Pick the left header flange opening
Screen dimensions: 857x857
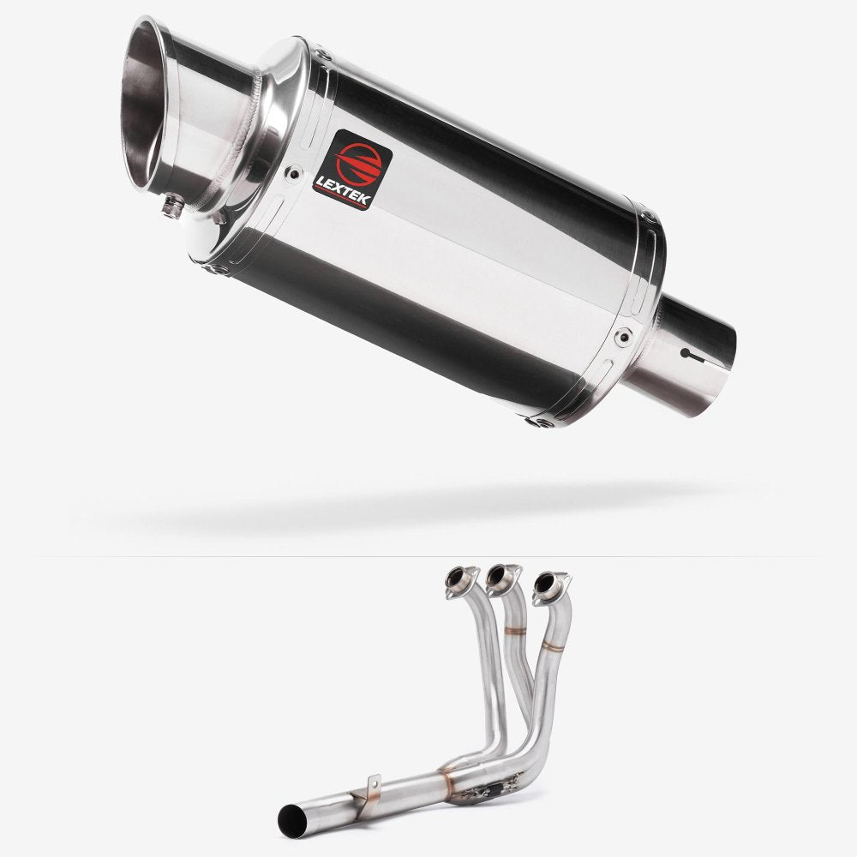[455, 579]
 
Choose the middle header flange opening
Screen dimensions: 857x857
[497, 580]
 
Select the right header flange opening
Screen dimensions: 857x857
[543, 583]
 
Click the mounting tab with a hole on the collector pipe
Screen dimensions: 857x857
[370, 783]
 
